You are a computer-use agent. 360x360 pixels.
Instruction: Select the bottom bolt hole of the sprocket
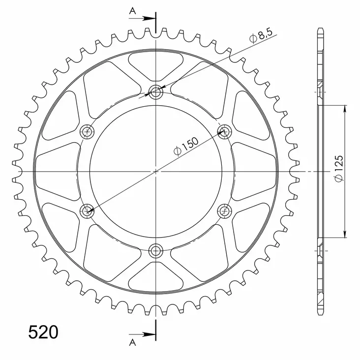click(x=156, y=250)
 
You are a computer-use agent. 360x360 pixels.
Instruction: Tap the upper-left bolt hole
click(x=88, y=131)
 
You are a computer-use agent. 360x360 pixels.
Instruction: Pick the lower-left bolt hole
click(x=88, y=211)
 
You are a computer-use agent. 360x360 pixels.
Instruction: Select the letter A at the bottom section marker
click(x=132, y=341)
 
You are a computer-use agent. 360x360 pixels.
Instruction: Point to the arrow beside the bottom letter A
click(x=146, y=334)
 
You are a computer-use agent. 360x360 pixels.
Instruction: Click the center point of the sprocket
click(x=156, y=171)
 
